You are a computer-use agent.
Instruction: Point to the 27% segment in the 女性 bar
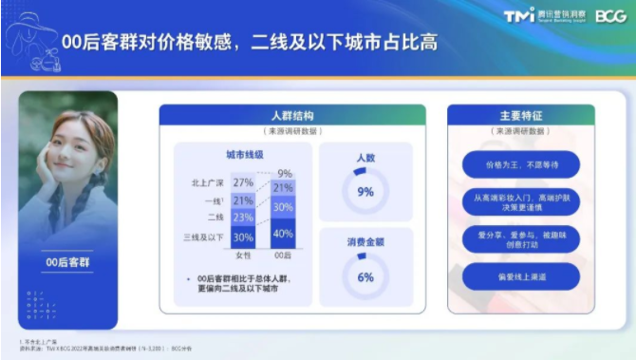[x=243, y=182]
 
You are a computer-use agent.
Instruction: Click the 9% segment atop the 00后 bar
[x=284, y=174]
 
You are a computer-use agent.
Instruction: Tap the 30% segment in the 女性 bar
[x=243, y=237]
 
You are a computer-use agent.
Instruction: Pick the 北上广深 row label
[x=205, y=182]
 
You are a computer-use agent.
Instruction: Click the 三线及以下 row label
[x=202, y=237]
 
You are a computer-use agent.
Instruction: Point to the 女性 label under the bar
[x=243, y=256]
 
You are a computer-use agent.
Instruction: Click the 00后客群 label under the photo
[x=68, y=259]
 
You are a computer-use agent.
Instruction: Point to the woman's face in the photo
[x=71, y=151]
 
